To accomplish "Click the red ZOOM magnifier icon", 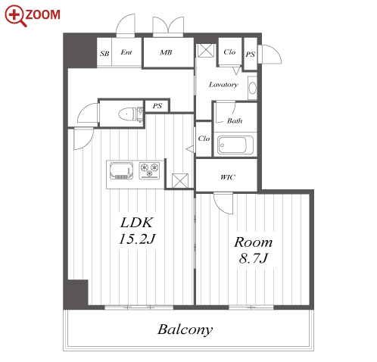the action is point(15,16).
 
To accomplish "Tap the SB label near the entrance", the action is point(104,54).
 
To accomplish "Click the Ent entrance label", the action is point(126,52).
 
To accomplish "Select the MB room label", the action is point(166,52).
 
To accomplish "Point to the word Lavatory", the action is point(223,85).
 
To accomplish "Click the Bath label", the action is point(235,120).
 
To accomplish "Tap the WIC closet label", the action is point(228,177).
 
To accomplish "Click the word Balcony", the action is point(185,329).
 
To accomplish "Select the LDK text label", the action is point(136,223).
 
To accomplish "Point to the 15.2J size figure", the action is point(137,239).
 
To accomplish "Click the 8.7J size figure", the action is point(253,258).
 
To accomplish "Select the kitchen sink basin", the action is point(121,171).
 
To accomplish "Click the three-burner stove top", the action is point(149,170).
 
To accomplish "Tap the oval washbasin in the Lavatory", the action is point(252,88).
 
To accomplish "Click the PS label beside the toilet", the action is point(157,106).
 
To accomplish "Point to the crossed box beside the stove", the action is point(180,181).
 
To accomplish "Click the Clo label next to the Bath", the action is point(204,139).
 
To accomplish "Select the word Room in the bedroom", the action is point(253,242).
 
